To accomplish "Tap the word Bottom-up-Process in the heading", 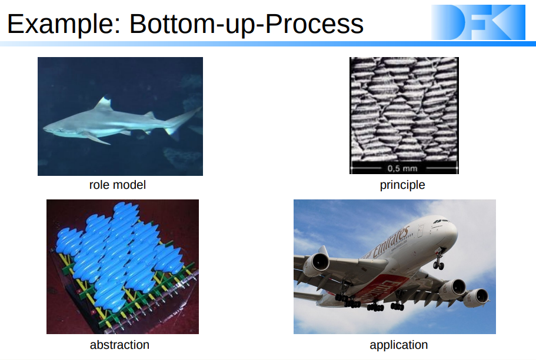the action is click(x=247, y=25).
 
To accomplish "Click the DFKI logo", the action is click(x=478, y=22).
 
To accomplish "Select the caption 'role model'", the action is click(x=118, y=185).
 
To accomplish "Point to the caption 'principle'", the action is click(x=402, y=185).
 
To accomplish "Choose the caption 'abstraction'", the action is click(x=119, y=345).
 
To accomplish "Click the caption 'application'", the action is click(x=398, y=345).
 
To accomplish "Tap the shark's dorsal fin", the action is click(x=104, y=104).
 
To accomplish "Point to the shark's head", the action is click(x=56, y=128).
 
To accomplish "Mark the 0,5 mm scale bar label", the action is click(x=402, y=169).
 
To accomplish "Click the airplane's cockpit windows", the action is click(x=441, y=222).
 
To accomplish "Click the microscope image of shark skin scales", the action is click(x=404, y=115).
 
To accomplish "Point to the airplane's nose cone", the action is click(x=453, y=232).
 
